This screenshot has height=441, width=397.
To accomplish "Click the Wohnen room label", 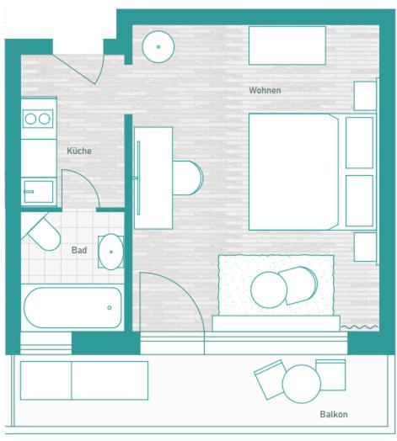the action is click(265, 90).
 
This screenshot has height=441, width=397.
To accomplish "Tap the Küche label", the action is click(79, 151).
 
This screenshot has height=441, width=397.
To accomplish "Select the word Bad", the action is click(79, 250).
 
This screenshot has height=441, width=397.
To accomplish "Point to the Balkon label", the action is click(334, 414).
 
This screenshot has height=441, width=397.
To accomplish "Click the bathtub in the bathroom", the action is click(72, 307).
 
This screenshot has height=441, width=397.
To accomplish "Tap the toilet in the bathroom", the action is click(44, 233).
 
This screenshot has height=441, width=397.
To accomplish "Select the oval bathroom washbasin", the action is click(110, 252).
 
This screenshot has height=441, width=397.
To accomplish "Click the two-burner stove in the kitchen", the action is click(38, 119).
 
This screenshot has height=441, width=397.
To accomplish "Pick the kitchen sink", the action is click(39, 192).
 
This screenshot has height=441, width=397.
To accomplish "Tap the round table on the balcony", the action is click(301, 384).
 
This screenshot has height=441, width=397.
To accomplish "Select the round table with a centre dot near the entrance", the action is click(158, 46).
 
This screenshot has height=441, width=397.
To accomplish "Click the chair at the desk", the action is click(187, 178).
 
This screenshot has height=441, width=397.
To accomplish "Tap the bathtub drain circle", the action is click(110, 308).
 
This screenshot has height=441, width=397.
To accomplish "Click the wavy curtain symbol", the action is click(359, 327).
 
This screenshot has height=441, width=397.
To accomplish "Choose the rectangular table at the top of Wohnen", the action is click(287, 45).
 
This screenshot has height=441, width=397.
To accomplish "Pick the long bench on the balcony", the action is click(84, 380).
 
